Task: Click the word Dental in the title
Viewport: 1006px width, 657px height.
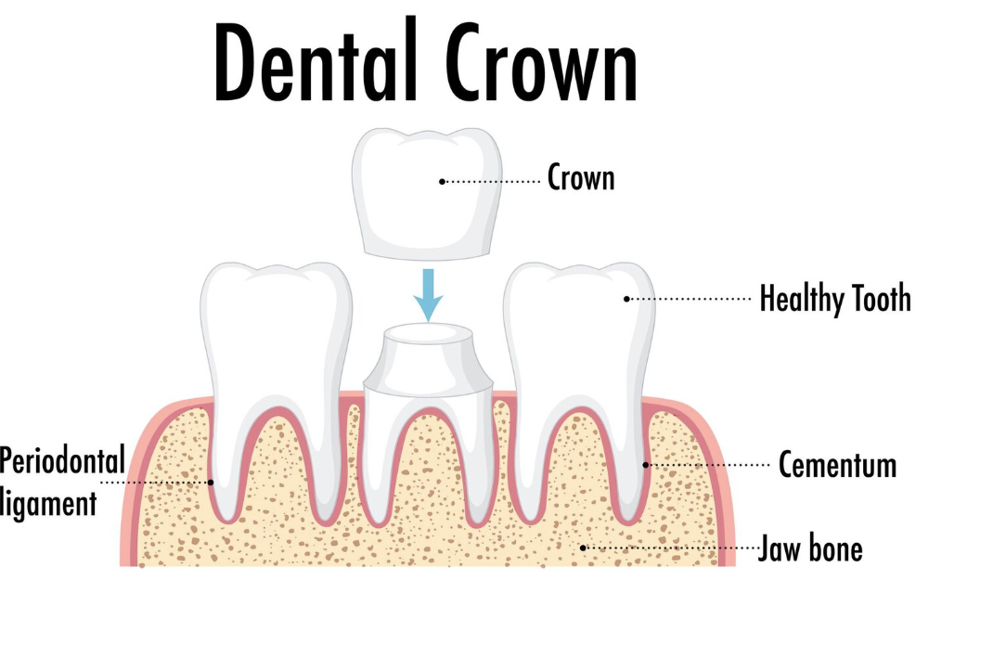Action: (x=315, y=59)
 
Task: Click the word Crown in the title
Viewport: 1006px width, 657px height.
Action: (x=541, y=63)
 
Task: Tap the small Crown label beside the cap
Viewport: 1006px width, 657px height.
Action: (x=581, y=177)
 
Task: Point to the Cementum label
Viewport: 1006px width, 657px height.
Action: (x=837, y=465)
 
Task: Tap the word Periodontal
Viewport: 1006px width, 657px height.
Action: (x=62, y=460)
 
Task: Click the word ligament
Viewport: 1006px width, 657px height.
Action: (x=49, y=504)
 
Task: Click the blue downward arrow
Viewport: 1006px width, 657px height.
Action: (x=428, y=295)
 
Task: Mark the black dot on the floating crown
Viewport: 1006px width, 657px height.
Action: (x=442, y=182)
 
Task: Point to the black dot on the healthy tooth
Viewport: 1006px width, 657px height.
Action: (x=626, y=299)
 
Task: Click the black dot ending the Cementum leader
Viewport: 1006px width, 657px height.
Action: (x=646, y=465)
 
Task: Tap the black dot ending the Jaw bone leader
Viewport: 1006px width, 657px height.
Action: (x=583, y=547)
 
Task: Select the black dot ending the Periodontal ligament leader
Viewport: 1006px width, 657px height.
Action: (x=211, y=482)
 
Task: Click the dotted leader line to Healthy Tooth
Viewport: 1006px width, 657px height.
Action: (x=690, y=299)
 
